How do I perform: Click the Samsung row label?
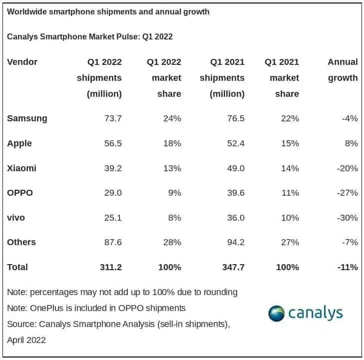pyautogui.click(x=27, y=118)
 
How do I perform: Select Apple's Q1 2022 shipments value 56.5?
pyautogui.click(x=110, y=143)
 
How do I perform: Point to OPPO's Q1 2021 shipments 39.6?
pyautogui.click(x=234, y=193)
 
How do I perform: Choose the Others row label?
pyautogui.click(x=21, y=242)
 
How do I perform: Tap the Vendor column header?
pyautogui.click(x=22, y=62)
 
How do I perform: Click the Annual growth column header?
pyautogui.click(x=343, y=70)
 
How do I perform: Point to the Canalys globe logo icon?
pyautogui.click(x=276, y=313)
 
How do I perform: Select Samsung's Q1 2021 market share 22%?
pyautogui.click(x=290, y=118)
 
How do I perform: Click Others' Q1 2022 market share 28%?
pyautogui.click(x=171, y=242)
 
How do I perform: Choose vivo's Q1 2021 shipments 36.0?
pyautogui.click(x=234, y=218)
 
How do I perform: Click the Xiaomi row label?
pyautogui.click(x=21, y=168)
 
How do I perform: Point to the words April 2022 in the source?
pyautogui.click(x=26, y=340)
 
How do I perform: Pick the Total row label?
pyautogui.click(x=17, y=267)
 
